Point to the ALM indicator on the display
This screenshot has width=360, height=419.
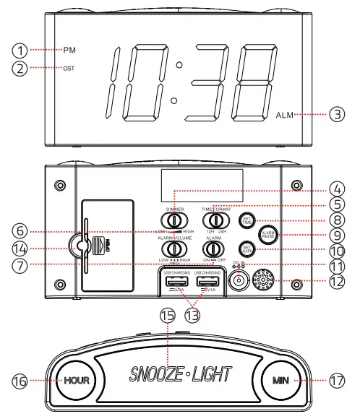coord(284,114)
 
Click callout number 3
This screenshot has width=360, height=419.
coord(338,114)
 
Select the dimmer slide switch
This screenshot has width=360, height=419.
coord(171,220)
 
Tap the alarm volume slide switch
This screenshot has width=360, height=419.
coord(171,249)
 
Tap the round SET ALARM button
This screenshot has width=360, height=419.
coord(246,250)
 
